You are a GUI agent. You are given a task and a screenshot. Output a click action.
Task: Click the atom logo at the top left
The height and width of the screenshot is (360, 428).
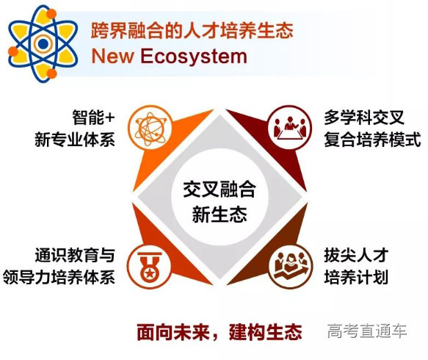coord(43,43)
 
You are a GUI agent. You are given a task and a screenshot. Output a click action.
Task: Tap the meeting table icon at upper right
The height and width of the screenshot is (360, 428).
coord(283,126)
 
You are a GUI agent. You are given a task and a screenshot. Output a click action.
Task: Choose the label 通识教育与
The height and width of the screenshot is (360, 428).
coord(74,256)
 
